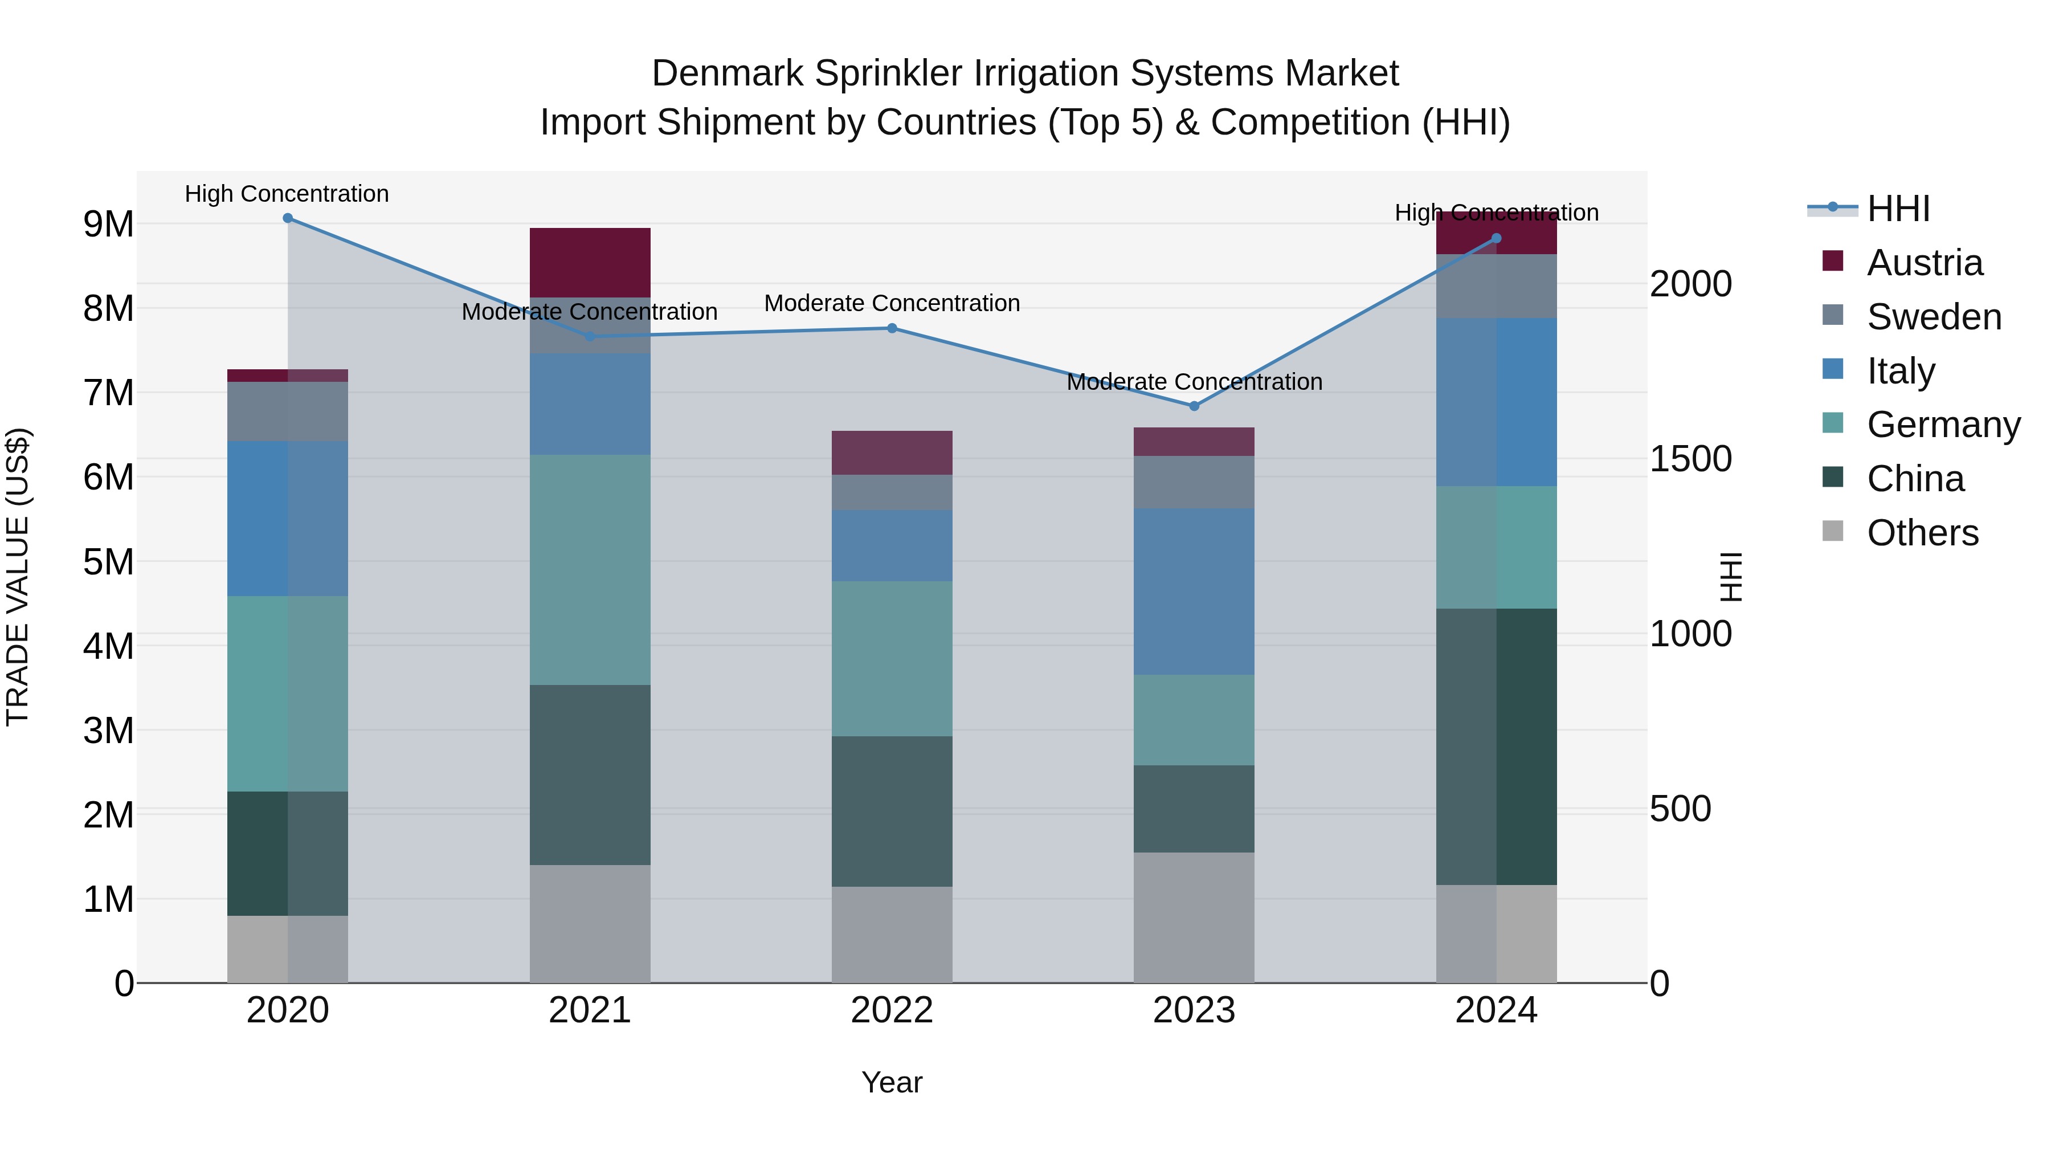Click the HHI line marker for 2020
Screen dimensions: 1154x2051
click(288, 218)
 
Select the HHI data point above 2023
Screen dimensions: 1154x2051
click(1194, 406)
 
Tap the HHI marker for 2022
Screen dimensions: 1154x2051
click(892, 328)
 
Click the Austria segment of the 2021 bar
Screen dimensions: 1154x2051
click(590, 263)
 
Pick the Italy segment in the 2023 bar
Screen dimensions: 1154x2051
click(1194, 591)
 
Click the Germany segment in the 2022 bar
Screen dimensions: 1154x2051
click(892, 659)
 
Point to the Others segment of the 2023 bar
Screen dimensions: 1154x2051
click(1194, 918)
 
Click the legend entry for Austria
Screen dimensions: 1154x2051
click(1923, 263)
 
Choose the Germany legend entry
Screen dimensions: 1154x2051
click(1943, 425)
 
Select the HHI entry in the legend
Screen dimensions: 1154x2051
click(1898, 209)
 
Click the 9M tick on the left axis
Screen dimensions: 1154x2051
click(109, 225)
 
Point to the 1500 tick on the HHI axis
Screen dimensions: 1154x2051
click(1690, 459)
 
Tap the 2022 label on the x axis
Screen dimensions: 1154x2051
click(892, 1010)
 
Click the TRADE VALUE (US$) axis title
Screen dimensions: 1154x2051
click(18, 577)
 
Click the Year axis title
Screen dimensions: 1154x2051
click(892, 1082)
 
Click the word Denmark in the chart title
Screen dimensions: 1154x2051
click(728, 74)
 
